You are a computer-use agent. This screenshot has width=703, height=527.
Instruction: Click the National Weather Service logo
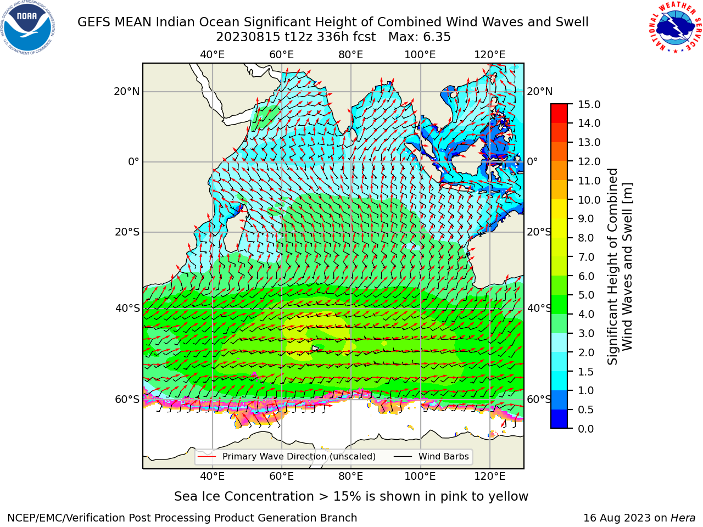point(674,27)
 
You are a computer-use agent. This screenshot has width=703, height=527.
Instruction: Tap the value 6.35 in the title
point(437,37)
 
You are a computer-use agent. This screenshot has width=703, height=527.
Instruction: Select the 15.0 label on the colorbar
point(589,104)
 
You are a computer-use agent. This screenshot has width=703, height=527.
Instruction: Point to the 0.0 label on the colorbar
point(585,428)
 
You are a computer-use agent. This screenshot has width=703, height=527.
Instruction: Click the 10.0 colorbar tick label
point(589,200)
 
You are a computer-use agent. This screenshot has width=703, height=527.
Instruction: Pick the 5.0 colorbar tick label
point(585,295)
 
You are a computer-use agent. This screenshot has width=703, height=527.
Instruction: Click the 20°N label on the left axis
point(127,92)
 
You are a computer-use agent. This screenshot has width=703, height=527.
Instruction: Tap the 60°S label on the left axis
point(127,399)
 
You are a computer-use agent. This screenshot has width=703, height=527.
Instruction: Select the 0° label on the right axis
point(532,161)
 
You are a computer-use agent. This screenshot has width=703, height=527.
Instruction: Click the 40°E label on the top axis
point(212,55)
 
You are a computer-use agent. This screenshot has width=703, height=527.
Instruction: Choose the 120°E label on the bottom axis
point(490,476)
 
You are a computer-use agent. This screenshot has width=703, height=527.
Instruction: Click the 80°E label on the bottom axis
point(351,476)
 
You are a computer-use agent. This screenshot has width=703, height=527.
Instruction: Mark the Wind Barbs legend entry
point(431,456)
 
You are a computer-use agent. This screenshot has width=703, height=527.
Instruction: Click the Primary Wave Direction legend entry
point(287,456)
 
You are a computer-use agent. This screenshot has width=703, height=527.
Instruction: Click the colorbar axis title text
point(620,267)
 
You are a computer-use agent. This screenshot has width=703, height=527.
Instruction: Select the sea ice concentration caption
point(351,496)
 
